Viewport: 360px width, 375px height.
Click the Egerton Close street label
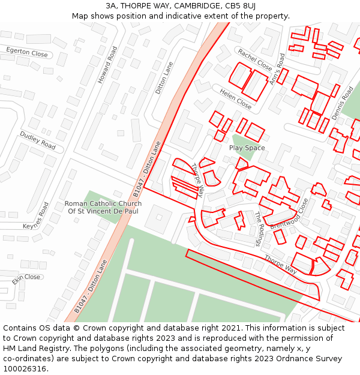(x=26, y=52)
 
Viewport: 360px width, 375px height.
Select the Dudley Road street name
(x=37, y=141)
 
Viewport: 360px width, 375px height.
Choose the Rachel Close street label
(x=254, y=59)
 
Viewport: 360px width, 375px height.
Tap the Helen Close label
(x=235, y=98)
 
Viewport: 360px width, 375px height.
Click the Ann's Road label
(x=278, y=68)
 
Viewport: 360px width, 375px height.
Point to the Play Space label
(x=247, y=148)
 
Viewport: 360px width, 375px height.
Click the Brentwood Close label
(x=289, y=214)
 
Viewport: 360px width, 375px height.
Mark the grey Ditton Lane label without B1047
(x=164, y=78)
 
